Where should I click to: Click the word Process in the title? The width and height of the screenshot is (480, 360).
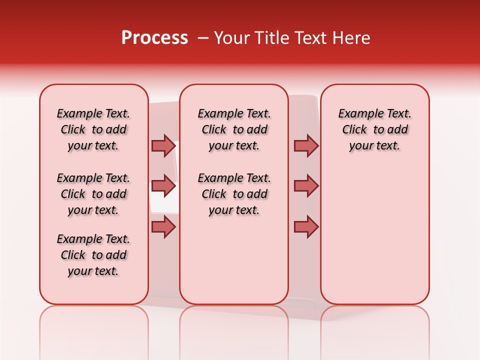tap(154, 38)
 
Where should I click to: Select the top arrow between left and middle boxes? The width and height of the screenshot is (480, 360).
tap(163, 145)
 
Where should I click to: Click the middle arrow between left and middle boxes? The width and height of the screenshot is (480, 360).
tap(163, 186)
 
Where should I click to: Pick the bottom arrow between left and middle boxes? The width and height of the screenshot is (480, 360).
tap(163, 227)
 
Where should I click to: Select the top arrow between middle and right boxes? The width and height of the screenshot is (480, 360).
tap(306, 145)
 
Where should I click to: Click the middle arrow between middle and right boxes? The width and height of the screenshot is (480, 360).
tap(306, 186)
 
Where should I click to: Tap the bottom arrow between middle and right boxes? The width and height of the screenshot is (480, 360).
tap(306, 227)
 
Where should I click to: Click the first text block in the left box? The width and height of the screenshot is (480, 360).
tap(93, 129)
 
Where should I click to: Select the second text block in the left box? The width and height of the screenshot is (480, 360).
tap(93, 194)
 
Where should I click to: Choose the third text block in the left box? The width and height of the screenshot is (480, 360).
tap(93, 255)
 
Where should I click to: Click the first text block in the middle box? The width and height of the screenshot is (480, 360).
tap(234, 129)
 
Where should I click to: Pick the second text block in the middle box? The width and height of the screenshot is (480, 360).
tap(234, 194)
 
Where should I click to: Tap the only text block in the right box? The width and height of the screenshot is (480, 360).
tap(374, 129)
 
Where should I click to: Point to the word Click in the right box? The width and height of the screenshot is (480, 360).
tap(354, 130)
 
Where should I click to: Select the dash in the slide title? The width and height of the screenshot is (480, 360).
tap(203, 38)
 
